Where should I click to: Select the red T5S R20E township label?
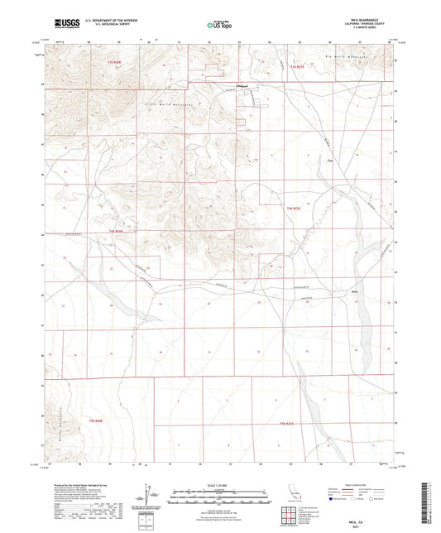(96, 421)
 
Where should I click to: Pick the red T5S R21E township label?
(286, 424)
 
